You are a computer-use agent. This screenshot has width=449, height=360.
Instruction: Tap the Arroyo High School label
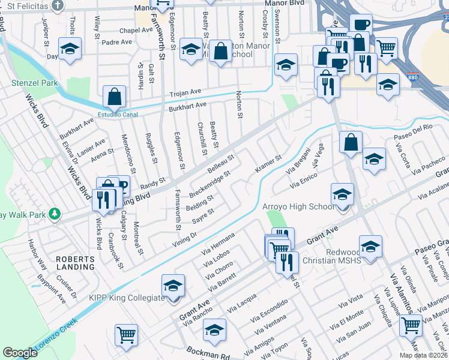click(298, 207)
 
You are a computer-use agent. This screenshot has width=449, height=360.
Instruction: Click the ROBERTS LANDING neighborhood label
click(75, 262)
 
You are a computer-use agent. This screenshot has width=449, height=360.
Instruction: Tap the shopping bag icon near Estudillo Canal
click(114, 96)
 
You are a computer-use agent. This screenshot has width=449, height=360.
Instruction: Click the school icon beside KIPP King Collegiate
click(173, 286)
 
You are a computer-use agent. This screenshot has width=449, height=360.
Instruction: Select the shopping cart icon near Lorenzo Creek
click(126, 335)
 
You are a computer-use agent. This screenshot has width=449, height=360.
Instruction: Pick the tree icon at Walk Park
click(55, 213)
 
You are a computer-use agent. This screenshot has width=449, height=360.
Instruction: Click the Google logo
click(20, 353)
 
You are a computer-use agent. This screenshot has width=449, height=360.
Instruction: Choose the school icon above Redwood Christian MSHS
click(370, 246)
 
